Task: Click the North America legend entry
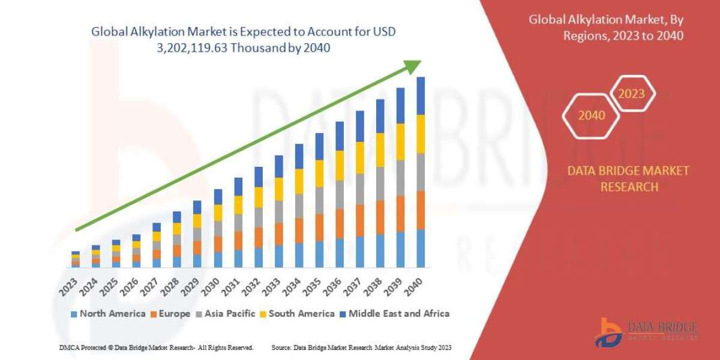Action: pyautogui.click(x=108, y=313)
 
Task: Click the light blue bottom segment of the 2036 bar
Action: pyautogui.click(x=340, y=253)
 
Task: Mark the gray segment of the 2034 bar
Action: pyautogui.click(x=299, y=205)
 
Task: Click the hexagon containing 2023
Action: pyautogui.click(x=631, y=94)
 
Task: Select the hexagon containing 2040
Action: pyautogui.click(x=592, y=115)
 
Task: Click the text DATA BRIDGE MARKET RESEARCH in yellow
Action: pyautogui.click(x=628, y=179)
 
